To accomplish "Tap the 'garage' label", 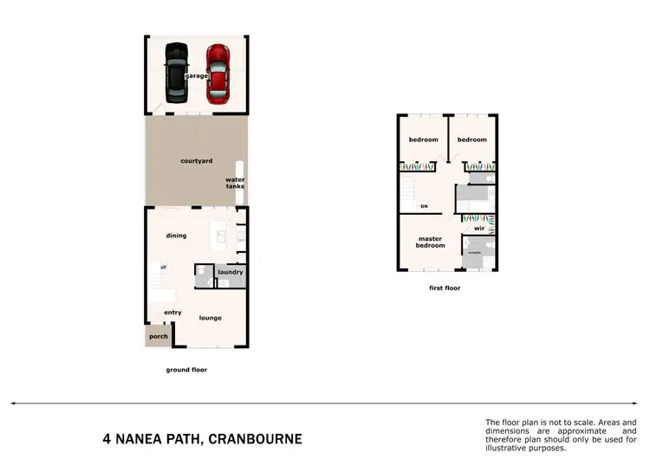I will click(197, 76).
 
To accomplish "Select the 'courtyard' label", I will click(197, 161).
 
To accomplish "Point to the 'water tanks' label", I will click(235, 184).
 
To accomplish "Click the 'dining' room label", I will click(177, 236).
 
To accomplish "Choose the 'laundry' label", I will click(231, 272).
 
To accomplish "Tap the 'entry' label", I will click(172, 313).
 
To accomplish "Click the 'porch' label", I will click(159, 336).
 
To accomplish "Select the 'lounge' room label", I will click(210, 318).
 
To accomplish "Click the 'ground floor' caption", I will click(186, 370).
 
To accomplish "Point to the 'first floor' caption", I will click(444, 288).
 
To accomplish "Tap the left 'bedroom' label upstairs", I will click(424, 139).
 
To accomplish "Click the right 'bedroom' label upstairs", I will click(472, 139).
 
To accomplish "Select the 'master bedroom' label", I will click(431, 242).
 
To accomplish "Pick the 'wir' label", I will click(478, 229).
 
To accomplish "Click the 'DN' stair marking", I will click(425, 206).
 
